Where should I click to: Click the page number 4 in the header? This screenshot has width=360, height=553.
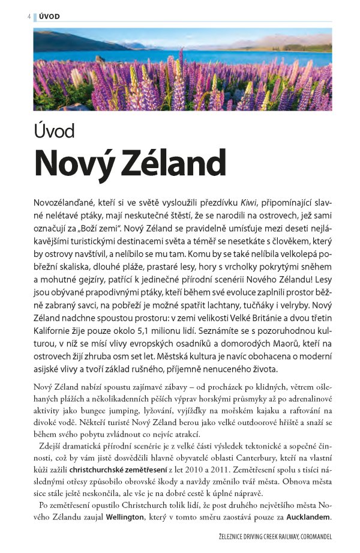click(28, 16)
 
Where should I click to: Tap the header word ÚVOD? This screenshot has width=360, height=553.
click(49, 16)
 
